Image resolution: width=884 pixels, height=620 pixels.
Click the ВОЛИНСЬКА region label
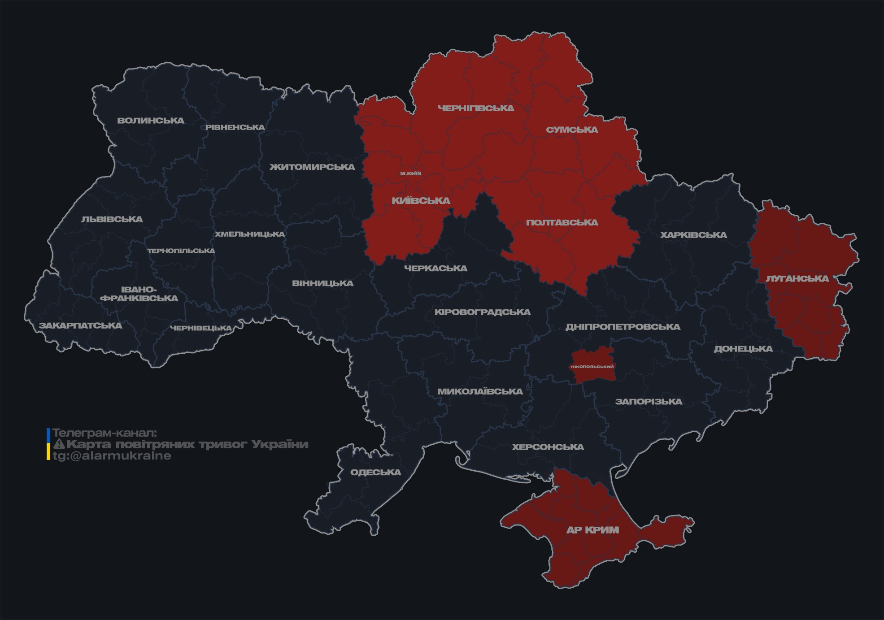pos(151,121)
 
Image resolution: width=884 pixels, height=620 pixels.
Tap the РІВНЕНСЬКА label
pos(235,127)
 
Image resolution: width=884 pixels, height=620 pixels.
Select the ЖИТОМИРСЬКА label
pos(312,167)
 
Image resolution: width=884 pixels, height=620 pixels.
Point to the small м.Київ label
pos(411,173)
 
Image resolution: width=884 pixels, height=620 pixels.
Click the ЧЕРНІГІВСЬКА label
pos(476,108)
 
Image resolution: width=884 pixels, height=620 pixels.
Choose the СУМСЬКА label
pos(572,130)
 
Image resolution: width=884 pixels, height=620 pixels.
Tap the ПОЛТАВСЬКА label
pos(562,223)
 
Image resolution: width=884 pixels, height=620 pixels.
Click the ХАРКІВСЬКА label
pos(693,235)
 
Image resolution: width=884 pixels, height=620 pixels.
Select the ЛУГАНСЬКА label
pos(797,279)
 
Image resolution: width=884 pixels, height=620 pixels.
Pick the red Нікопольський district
pos(592,366)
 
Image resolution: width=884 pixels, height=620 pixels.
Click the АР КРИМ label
pos(592,530)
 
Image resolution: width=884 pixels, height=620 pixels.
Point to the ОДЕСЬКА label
pos(375,473)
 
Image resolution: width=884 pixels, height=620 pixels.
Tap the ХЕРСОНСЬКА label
pos(548,447)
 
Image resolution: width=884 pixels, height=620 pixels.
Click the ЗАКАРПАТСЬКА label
pos(80,325)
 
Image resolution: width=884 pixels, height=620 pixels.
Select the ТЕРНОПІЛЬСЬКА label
pos(181,251)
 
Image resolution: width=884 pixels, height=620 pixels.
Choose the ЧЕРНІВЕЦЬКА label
pos(201,328)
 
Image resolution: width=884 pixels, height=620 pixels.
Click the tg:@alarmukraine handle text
pos(112,456)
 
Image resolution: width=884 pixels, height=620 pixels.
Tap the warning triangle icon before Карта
pos(59,445)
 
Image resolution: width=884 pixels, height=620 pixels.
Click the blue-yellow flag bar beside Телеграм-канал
pos(48,444)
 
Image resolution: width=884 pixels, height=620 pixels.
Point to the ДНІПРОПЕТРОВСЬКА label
pos(623,327)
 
